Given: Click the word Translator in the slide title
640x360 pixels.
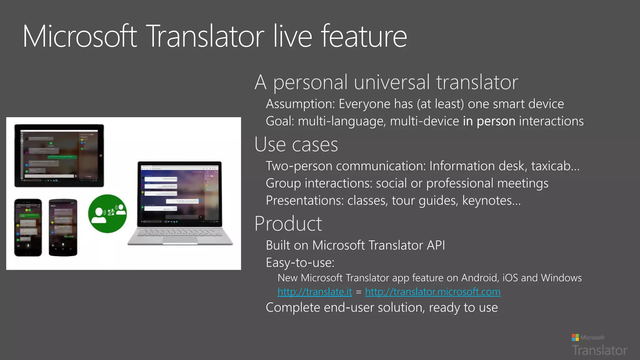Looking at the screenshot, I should pyautogui.click(x=205, y=37).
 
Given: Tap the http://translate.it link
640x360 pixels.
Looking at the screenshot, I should pyautogui.click(x=314, y=292).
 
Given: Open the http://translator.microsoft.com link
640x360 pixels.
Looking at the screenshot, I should pyautogui.click(x=432, y=292).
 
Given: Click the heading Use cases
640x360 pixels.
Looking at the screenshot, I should pyautogui.click(x=296, y=145).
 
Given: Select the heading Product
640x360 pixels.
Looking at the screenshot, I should pyautogui.click(x=288, y=224).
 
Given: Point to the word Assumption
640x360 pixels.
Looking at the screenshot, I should pyautogui.click(x=300, y=104).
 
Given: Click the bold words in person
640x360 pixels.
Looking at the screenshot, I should pyautogui.click(x=489, y=121).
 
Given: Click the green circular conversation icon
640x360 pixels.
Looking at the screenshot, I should pyautogui.click(x=107, y=213).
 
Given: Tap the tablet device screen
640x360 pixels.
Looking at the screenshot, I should pyautogui.click(x=59, y=155).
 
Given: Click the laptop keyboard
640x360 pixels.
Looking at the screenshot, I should pyautogui.click(x=180, y=233).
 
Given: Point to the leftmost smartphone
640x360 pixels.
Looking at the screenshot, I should pyautogui.click(x=28, y=227).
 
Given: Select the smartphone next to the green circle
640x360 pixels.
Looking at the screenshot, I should pyautogui.click(x=63, y=227).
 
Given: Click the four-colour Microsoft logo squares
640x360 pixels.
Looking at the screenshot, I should pyautogui.click(x=575, y=337).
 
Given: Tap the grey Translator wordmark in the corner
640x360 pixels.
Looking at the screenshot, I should pyautogui.click(x=599, y=350).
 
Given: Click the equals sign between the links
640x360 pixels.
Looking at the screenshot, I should pyautogui.click(x=358, y=292).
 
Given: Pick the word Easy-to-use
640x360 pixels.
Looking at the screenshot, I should pyautogui.click(x=300, y=263).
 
